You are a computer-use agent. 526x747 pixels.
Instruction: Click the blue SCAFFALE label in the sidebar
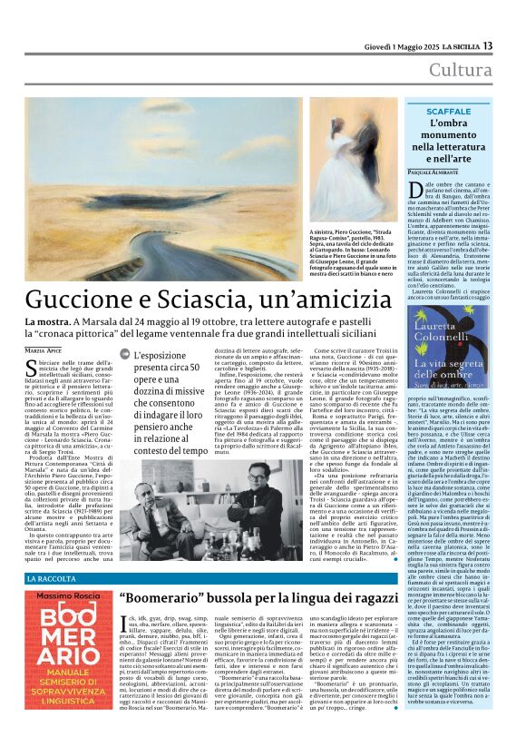450,111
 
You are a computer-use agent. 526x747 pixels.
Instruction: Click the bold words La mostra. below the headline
45,321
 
